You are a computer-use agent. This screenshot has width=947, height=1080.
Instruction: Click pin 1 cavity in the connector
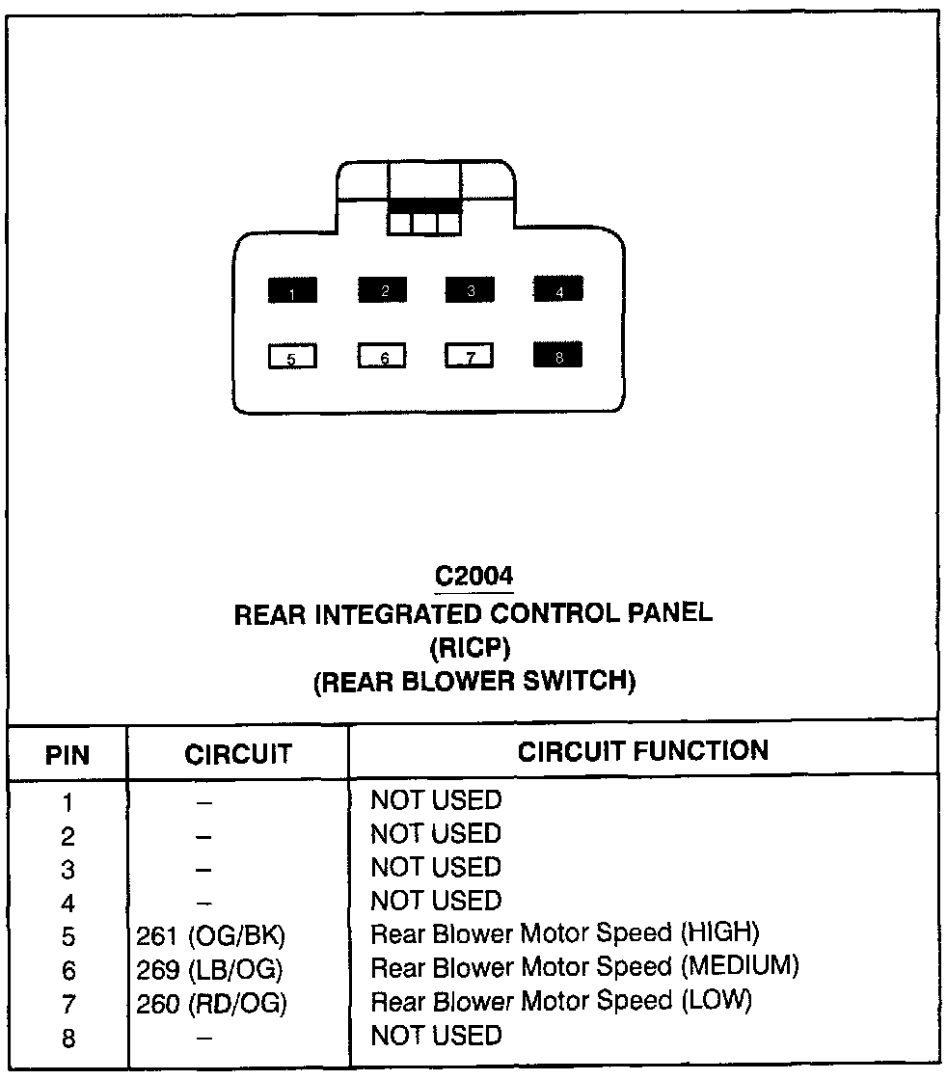point(292,290)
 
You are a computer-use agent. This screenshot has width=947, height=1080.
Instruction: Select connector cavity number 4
point(558,288)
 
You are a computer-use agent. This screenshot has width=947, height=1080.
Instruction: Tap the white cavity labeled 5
point(292,358)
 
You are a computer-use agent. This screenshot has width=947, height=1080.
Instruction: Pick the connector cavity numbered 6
point(383,357)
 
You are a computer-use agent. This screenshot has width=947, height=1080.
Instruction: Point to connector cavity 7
point(469,357)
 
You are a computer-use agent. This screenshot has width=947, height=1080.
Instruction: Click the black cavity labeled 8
point(558,356)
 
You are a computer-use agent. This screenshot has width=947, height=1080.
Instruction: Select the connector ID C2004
point(473,576)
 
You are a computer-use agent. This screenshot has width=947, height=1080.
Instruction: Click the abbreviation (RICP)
point(473,647)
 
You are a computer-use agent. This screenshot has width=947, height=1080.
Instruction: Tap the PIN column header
point(68,753)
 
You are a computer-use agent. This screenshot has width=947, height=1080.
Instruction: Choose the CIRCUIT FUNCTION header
point(643,750)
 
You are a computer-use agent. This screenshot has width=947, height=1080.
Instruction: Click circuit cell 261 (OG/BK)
point(212,935)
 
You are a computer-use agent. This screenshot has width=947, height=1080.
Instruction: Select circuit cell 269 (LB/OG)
point(211,969)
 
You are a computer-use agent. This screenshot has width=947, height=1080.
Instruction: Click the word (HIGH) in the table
point(720,932)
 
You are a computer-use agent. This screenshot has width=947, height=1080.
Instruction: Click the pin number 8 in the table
point(68,1039)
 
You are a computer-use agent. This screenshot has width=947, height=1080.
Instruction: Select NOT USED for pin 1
point(437,800)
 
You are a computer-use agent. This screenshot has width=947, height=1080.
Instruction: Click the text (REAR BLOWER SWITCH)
point(473,682)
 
